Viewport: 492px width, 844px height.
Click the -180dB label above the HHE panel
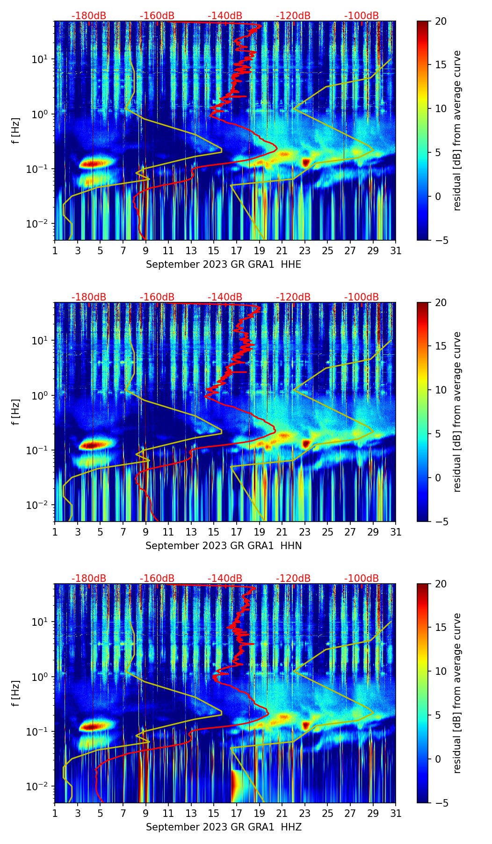click(x=89, y=16)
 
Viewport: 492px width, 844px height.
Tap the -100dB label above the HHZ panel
click(x=362, y=579)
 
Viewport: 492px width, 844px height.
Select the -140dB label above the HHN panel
click(x=225, y=297)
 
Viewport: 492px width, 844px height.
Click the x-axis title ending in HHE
click(x=224, y=265)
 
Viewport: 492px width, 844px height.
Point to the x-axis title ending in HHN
click(x=224, y=546)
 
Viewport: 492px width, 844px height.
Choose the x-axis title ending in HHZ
click(x=224, y=827)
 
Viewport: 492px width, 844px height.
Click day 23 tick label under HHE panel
click(x=305, y=251)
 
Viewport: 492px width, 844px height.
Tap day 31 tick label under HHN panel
click(x=396, y=532)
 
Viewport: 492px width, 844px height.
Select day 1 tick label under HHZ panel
click(x=55, y=814)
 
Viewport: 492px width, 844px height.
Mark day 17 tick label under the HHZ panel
click(x=237, y=814)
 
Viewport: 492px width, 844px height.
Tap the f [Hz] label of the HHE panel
click(x=16, y=130)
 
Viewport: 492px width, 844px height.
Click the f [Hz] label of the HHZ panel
click(x=16, y=693)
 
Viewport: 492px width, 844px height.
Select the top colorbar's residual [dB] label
click(x=457, y=130)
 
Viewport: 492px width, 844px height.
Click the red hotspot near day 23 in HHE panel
click(x=306, y=163)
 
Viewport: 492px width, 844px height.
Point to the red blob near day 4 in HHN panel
click(x=92, y=445)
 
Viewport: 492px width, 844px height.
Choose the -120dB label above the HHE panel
click(x=293, y=16)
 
